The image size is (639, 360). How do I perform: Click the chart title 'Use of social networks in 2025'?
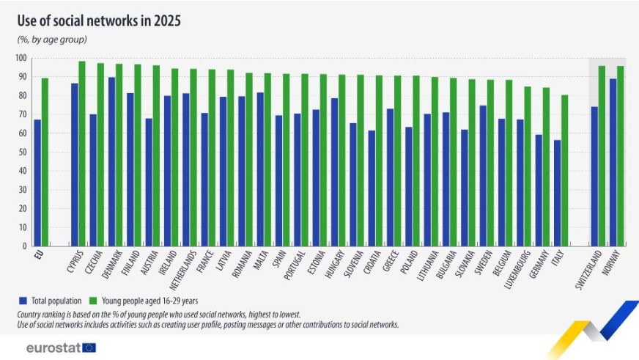(x=99, y=20)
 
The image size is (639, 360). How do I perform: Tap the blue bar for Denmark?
(x=111, y=162)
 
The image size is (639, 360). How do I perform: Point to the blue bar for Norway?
(x=613, y=163)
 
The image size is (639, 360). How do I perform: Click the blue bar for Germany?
(x=539, y=191)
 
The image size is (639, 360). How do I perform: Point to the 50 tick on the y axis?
(x=23, y=152)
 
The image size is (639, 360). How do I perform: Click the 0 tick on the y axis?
(x=25, y=246)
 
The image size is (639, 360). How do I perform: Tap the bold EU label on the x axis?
(x=39, y=257)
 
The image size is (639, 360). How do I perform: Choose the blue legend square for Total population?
(x=22, y=300)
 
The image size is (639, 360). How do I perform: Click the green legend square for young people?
(x=92, y=300)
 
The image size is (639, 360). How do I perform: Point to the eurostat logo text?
(x=52, y=348)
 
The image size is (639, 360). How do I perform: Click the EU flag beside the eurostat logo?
(x=89, y=348)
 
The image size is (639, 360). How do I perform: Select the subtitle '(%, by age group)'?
(x=52, y=40)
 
